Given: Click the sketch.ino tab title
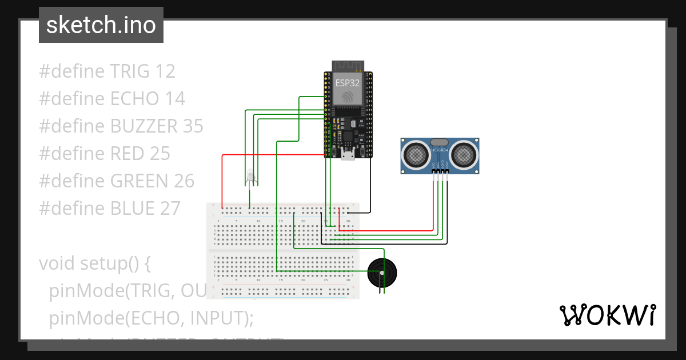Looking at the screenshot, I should [x=101, y=25].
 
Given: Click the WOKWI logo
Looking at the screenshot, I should [x=607, y=315].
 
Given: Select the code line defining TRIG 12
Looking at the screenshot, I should [x=107, y=71].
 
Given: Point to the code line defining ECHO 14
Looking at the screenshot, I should [x=112, y=99].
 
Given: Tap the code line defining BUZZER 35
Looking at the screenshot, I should [x=121, y=126].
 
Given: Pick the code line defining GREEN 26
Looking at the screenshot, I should [x=117, y=181].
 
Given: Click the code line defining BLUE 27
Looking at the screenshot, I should [x=110, y=209].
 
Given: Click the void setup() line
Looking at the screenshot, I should [x=94, y=263].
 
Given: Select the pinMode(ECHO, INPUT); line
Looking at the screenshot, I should [x=151, y=317].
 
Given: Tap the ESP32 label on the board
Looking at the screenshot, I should [x=348, y=82].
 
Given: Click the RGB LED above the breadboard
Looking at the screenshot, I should [x=250, y=178].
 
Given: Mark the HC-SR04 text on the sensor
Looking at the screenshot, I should [x=439, y=151].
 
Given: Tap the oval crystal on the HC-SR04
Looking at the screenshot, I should [x=439, y=142].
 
